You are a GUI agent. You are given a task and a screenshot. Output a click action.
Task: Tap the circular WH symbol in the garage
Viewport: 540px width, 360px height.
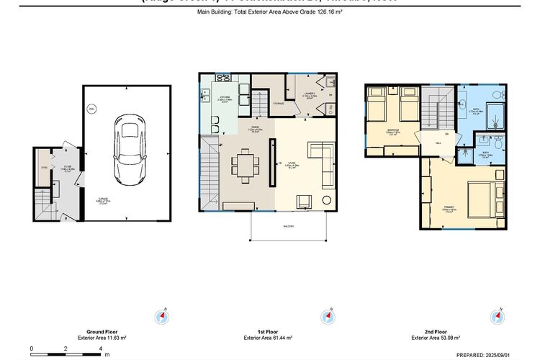pos(91,109)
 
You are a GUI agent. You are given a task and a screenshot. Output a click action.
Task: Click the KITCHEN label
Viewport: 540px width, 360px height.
pos(224,96)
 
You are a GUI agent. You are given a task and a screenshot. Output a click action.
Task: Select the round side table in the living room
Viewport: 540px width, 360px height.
pos(328,200)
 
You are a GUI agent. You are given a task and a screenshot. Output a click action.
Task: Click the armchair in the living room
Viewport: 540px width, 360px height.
pos(305,202)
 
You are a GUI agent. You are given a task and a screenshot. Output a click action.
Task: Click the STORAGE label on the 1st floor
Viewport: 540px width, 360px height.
pos(278,104)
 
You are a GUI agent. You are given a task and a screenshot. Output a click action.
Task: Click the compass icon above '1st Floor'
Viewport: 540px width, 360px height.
pos(328,316)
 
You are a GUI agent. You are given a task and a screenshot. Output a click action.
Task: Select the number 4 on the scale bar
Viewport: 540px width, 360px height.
pos(100,348)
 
